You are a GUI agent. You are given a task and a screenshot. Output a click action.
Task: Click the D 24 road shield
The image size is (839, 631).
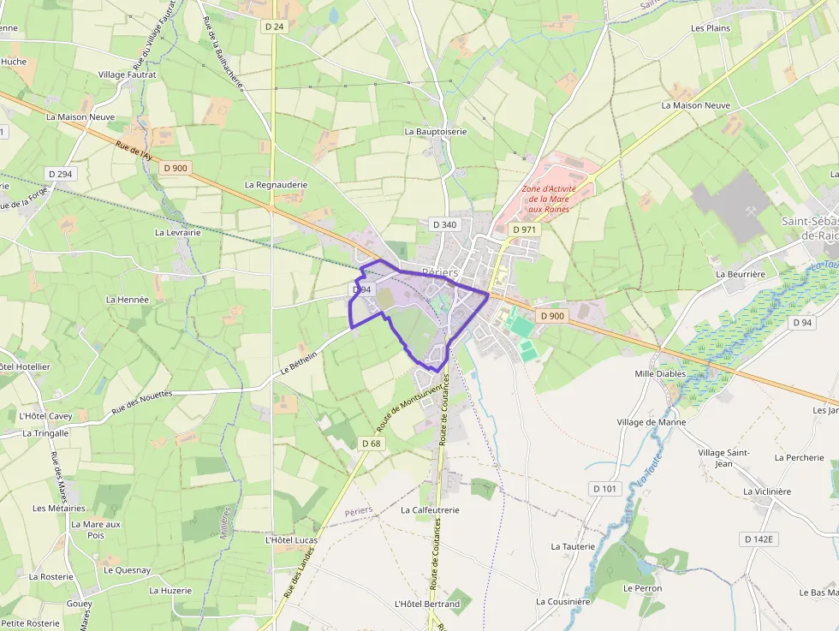(x=274, y=27)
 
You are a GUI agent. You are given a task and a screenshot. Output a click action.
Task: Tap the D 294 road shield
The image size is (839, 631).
(x=61, y=174)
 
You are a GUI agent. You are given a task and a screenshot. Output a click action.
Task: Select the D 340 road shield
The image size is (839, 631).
(x=445, y=224)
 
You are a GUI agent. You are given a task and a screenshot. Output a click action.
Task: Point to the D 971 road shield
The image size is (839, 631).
(x=524, y=229)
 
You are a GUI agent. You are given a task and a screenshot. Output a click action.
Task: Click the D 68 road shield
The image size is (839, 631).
(x=371, y=443)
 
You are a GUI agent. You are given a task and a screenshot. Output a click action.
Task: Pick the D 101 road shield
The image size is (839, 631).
(x=604, y=488)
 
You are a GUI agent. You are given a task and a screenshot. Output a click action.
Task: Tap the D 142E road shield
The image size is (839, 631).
(x=759, y=539)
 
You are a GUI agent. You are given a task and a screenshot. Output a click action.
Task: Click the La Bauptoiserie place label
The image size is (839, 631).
(x=436, y=132)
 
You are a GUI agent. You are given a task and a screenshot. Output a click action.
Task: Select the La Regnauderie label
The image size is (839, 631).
(x=276, y=184)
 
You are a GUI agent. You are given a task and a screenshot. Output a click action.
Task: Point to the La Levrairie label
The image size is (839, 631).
(x=177, y=232)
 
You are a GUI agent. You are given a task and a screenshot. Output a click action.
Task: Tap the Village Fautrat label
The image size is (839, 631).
(x=127, y=75)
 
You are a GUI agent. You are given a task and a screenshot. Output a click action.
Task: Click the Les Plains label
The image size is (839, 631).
(x=711, y=28)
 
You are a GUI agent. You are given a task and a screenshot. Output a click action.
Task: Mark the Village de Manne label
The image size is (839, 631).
(x=652, y=422)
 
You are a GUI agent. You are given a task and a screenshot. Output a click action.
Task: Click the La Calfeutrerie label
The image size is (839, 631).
(x=430, y=509)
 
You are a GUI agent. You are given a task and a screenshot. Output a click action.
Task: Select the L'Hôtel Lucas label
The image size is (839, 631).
(x=291, y=540)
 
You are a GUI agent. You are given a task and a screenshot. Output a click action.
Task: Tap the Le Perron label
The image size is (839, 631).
(x=642, y=588)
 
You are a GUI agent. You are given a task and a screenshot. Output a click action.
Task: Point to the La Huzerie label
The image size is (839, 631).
(x=170, y=590)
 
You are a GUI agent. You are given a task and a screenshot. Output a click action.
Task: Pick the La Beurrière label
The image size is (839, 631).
(x=740, y=274)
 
